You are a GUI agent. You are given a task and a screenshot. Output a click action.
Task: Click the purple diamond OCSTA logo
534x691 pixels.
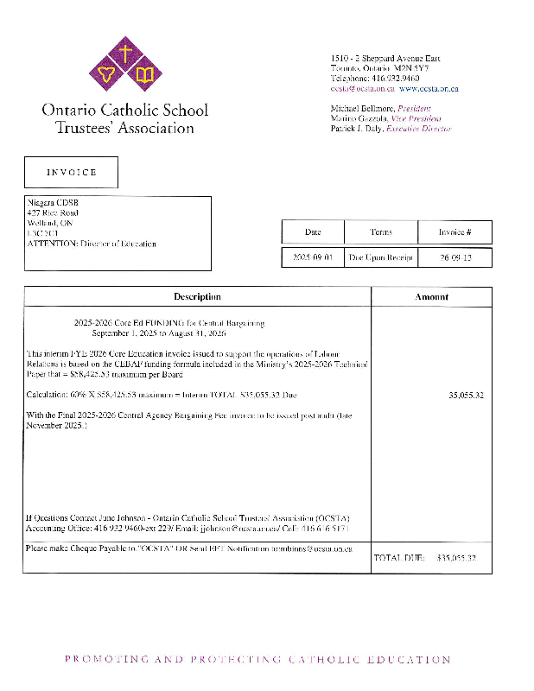tap(126, 66)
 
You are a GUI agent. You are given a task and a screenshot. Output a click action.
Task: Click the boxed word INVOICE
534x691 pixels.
tap(71, 172)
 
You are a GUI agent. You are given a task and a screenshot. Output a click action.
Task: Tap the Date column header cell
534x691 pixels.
tap(313, 231)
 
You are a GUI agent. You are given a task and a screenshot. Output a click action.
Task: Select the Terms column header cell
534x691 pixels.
tap(381, 231)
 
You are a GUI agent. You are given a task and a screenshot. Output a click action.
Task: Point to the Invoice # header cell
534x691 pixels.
tap(455, 231)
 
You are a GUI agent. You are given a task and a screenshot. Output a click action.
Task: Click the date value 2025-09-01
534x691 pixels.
tap(313, 257)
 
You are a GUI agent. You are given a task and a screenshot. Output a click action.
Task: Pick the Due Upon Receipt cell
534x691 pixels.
tap(381, 257)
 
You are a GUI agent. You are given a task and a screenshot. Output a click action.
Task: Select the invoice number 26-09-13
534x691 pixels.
tap(455, 257)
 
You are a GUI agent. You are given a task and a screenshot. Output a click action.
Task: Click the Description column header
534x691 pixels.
tap(197, 296)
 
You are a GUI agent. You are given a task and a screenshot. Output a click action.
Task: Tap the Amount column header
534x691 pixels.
tap(431, 296)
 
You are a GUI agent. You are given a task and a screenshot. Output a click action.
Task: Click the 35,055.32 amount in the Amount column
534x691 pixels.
tap(466, 395)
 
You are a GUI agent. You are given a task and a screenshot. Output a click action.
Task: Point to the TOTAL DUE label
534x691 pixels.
tap(399, 558)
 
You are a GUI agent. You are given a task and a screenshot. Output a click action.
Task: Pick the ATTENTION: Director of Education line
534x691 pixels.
tap(92, 244)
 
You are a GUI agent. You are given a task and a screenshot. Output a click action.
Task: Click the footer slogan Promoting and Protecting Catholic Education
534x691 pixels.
tap(257, 660)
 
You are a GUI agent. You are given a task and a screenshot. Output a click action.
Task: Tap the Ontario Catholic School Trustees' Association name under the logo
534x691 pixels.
tap(124, 119)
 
